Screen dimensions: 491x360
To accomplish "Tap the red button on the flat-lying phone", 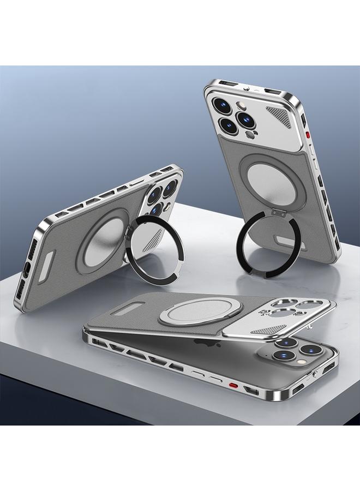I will (233, 386).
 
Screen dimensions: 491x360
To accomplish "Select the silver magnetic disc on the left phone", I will (104, 243).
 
